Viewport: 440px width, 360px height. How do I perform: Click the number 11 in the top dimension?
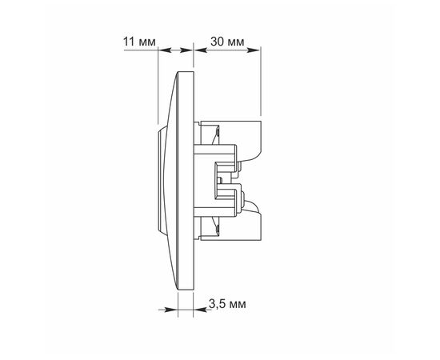point(129,42)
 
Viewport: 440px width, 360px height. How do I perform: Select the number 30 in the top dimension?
point(217,42)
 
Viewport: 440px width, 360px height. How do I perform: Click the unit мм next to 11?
point(147,42)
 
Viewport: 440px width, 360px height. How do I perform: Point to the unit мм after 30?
point(236,42)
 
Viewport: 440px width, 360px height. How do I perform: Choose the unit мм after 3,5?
point(238,305)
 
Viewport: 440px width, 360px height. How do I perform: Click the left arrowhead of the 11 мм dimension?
point(165,50)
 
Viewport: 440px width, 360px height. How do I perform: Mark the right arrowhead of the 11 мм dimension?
point(186,50)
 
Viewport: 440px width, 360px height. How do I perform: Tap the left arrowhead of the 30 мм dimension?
point(201,50)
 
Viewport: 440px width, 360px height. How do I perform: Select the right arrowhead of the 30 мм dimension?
point(254,50)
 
